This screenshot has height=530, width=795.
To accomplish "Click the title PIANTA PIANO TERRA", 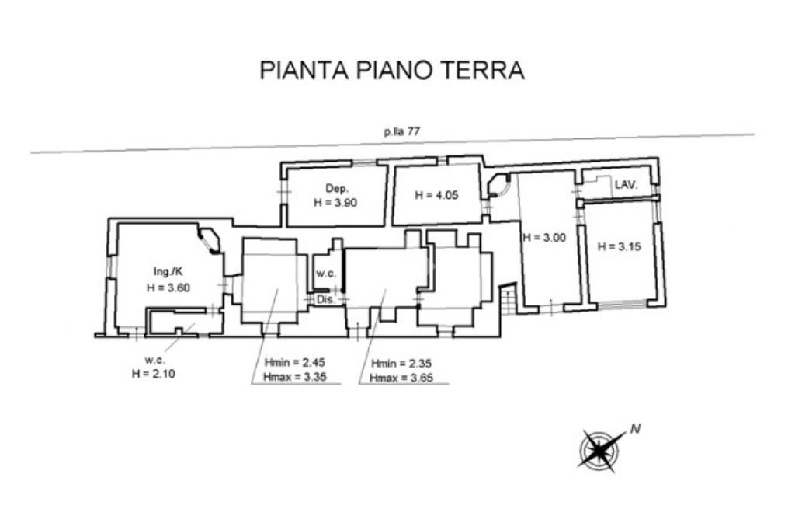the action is tap(391, 71).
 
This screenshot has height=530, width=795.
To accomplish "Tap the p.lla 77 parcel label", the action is tap(401, 132).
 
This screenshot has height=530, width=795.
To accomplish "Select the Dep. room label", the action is tap(337, 189).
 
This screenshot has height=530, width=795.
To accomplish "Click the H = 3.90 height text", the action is tap(335, 203).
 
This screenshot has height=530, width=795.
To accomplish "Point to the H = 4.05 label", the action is tap(436, 195).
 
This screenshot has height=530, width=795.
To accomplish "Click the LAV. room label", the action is tap(626, 185).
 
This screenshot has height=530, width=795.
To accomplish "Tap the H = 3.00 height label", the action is tap(544, 237).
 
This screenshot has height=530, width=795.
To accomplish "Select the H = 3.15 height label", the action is tap(619, 246).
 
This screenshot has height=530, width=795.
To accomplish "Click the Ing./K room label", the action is tap(168, 272).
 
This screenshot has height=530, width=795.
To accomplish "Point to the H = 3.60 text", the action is tap(168, 288).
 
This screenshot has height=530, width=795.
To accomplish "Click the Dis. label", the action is tap(325, 299).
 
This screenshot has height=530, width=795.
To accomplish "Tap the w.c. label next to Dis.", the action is tap(326, 273).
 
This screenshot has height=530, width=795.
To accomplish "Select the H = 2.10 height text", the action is tap(154, 374).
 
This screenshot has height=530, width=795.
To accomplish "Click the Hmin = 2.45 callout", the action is tap(294, 362).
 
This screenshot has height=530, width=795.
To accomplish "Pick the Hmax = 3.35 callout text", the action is tap(294, 377).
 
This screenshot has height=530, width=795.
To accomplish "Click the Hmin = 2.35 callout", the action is tap(401, 364).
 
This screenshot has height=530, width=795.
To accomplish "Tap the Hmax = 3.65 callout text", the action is tap(401, 378).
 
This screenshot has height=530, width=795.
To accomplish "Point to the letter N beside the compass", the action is tap(635, 430).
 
